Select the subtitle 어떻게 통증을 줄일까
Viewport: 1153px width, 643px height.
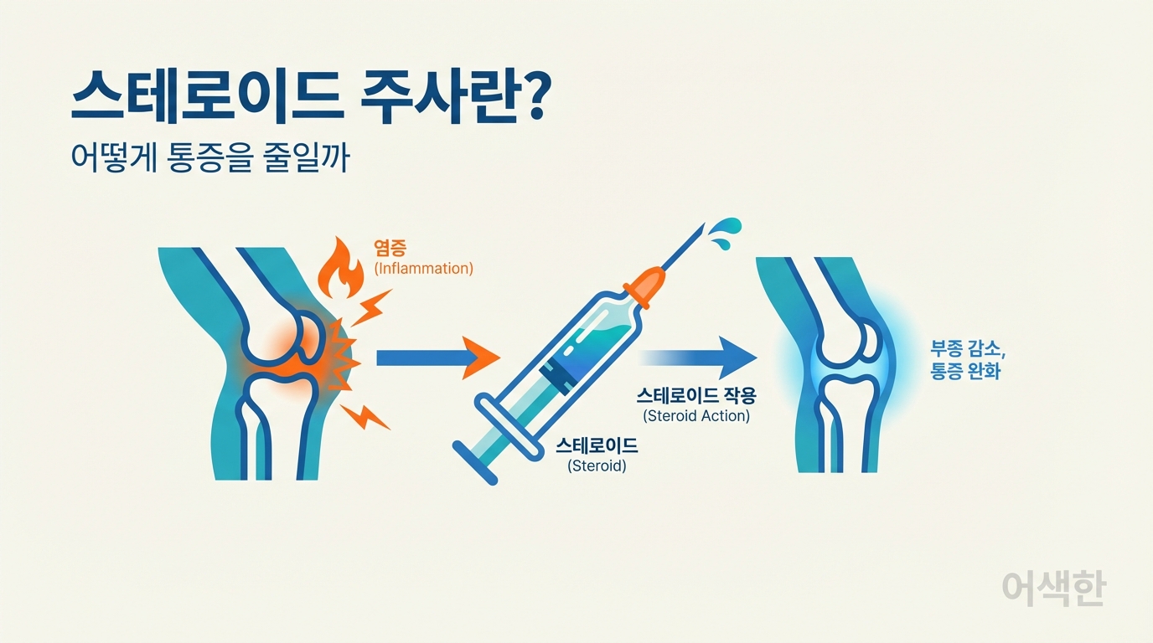pos(209,158)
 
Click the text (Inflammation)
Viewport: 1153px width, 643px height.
pos(423,269)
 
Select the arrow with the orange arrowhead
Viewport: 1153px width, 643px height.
pos(436,358)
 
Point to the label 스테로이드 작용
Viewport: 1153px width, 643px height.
pos(695,394)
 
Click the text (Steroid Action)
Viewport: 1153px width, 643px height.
pos(696,415)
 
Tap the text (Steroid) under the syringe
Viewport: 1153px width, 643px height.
pos(597,466)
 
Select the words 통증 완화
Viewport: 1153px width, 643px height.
pos(965,370)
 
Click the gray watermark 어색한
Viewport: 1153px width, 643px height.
pos(1053,589)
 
